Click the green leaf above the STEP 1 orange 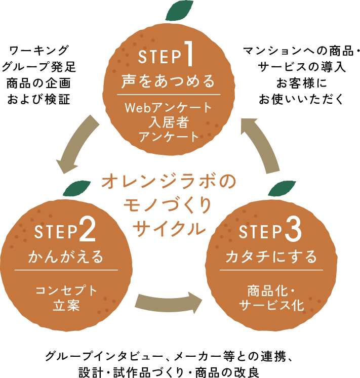[x=179, y=11]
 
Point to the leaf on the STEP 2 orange [x=77, y=188]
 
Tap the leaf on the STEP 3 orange [x=282, y=188]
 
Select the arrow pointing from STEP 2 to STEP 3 [x=169, y=303]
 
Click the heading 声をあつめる [x=168, y=81]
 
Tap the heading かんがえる [x=66, y=256]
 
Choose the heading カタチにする [x=271, y=256]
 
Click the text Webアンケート [x=169, y=107]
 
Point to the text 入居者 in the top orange [x=169, y=122]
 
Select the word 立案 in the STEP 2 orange [x=66, y=305]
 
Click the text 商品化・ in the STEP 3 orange [x=271, y=291]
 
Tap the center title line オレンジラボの [x=169, y=182]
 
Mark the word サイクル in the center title [x=169, y=228]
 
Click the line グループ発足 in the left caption [x=39, y=67]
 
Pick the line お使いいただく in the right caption [x=301, y=99]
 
